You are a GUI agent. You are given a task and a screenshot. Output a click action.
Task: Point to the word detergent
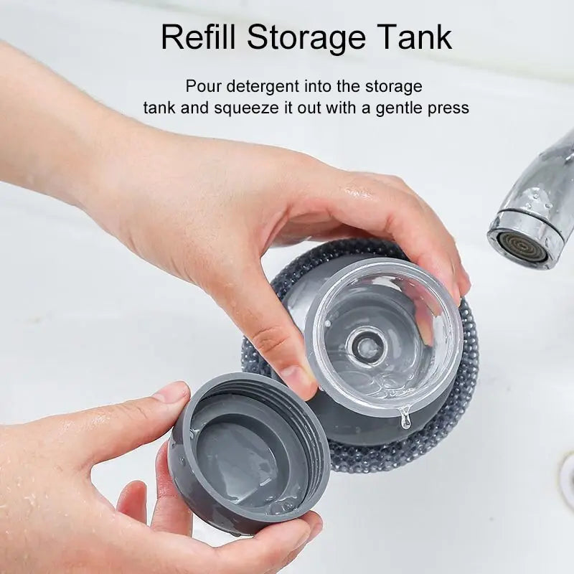260,87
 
